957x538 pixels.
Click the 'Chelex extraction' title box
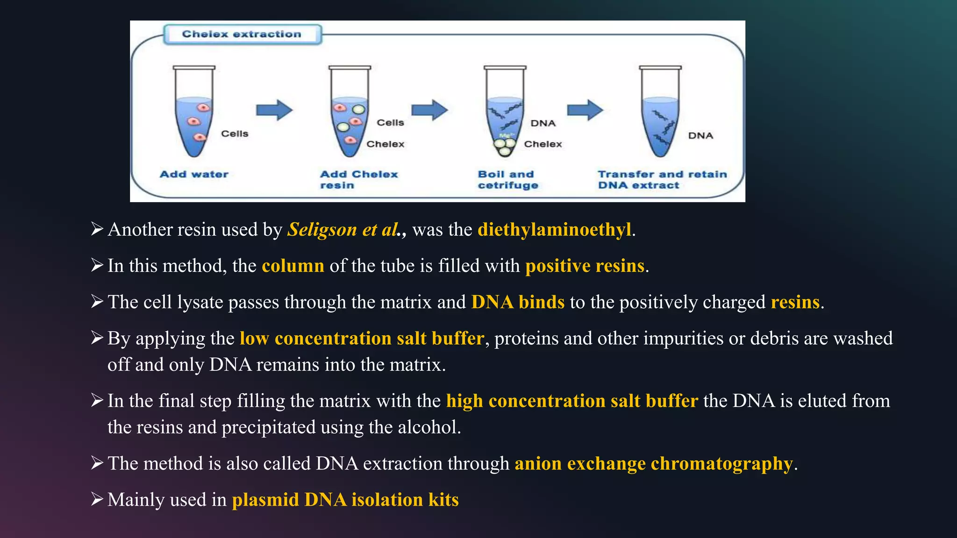pyautogui.click(x=242, y=34)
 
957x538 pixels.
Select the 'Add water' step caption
pyautogui.click(x=194, y=174)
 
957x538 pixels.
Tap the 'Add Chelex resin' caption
pyautogui.click(x=358, y=179)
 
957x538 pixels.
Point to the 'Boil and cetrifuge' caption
pyautogui.click(x=507, y=179)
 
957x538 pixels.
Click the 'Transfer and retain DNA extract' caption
pyautogui.click(x=662, y=179)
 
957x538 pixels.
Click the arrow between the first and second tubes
pyautogui.click(x=274, y=110)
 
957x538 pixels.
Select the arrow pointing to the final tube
pyautogui.click(x=585, y=110)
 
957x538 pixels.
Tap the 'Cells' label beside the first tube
pyautogui.click(x=235, y=134)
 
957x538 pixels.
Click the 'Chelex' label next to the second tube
pyautogui.click(x=385, y=144)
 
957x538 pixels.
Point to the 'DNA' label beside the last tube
pyautogui.click(x=700, y=135)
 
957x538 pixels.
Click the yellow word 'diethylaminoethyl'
pyautogui.click(x=554, y=229)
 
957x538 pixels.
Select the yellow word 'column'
pyautogui.click(x=293, y=266)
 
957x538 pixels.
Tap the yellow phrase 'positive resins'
pyautogui.click(x=585, y=266)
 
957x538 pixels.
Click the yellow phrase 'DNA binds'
pyautogui.click(x=518, y=302)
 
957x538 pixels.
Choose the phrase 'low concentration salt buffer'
pyautogui.click(x=362, y=338)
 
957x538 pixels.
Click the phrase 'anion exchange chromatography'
pyautogui.click(x=654, y=463)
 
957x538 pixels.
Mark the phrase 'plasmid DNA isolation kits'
pyautogui.click(x=345, y=500)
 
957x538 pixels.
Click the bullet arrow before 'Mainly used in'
pyautogui.click(x=97, y=499)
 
